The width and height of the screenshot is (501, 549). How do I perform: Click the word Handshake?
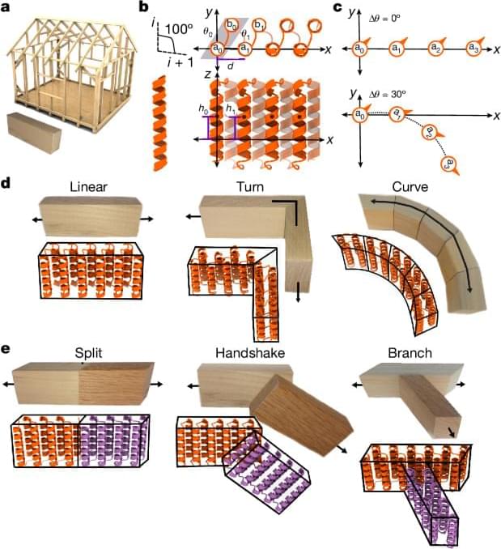pyautogui.click(x=246, y=351)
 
